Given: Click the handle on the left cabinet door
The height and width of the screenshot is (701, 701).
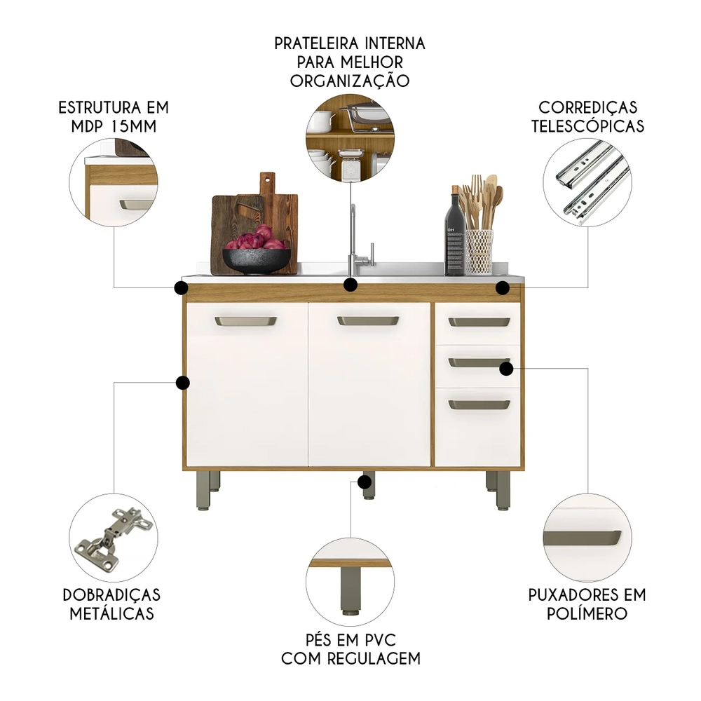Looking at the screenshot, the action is point(245,321).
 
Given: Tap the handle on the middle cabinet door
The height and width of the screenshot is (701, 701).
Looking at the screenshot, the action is point(367,320).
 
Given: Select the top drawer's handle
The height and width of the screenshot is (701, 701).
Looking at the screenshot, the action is point(479,322).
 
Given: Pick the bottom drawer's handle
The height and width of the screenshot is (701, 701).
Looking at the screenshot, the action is point(479,404).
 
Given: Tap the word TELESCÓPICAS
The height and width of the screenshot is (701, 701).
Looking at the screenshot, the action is point(588,126).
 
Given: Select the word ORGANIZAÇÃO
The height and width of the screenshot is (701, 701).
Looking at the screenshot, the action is point(350,81).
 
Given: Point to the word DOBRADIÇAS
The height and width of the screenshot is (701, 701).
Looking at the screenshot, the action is point(111,594).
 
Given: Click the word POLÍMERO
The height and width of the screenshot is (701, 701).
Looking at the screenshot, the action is point(587,613).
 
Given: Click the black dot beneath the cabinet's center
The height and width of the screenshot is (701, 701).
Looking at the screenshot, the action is point(365,482).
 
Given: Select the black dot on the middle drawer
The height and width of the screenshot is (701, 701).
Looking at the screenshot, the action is point(506,369).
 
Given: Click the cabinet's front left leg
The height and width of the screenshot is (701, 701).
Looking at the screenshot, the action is point(203,491).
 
